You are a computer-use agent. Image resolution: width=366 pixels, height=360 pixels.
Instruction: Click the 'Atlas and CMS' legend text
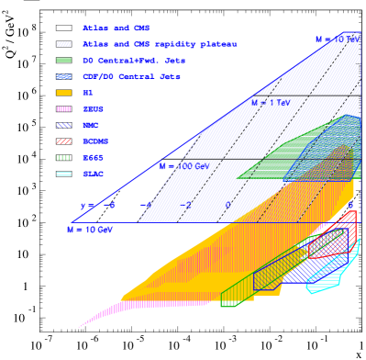(x=116, y=28)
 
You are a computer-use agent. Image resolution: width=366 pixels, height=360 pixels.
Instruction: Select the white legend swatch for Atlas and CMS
(x=63, y=28)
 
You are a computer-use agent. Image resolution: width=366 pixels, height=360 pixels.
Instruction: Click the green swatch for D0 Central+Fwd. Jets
(x=63, y=61)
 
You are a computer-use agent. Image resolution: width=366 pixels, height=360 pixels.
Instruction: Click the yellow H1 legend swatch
(x=63, y=93)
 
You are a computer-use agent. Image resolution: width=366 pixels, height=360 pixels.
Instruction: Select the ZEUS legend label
(x=93, y=109)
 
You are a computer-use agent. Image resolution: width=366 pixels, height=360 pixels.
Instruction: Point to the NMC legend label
(x=91, y=125)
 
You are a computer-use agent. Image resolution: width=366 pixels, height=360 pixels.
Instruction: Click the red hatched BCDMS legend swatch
(x=63, y=141)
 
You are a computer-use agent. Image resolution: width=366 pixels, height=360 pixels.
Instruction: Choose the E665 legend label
(x=93, y=157)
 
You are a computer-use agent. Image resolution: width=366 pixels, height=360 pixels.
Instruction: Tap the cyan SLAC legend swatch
(x=63, y=174)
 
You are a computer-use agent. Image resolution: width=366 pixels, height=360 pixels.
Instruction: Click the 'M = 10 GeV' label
(x=90, y=231)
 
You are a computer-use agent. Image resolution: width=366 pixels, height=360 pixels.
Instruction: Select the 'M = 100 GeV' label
(x=183, y=166)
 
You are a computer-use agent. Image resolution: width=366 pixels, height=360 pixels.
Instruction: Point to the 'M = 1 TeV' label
(x=270, y=103)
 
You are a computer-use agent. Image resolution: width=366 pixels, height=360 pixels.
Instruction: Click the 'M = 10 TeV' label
(x=337, y=39)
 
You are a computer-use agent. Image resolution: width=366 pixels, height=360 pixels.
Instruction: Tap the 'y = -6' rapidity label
(x=97, y=206)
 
